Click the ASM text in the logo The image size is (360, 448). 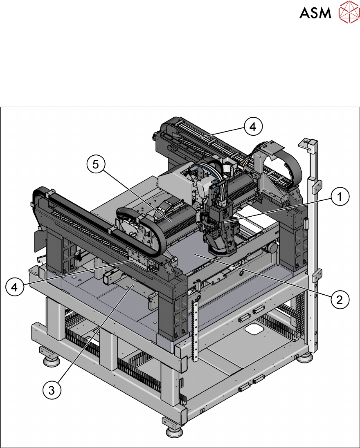[x=315, y=13]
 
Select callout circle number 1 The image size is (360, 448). [x=340, y=197]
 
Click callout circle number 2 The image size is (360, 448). [x=340, y=300]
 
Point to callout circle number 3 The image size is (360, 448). [x=52, y=390]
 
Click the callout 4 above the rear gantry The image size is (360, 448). [x=253, y=127]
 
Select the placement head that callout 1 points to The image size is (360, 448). [x=219, y=228]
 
